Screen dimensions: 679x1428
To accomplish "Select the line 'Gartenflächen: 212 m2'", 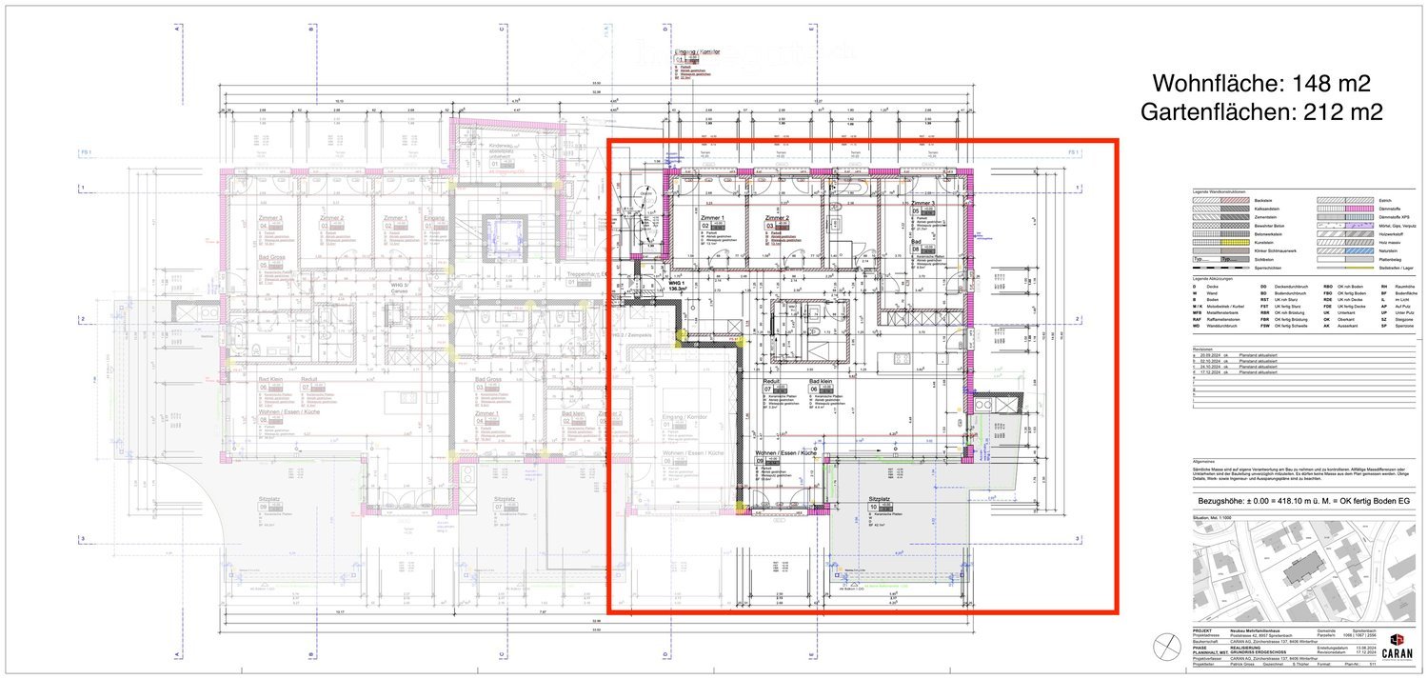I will (x=1262, y=112).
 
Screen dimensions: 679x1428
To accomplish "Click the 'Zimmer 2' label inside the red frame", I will (x=778, y=218).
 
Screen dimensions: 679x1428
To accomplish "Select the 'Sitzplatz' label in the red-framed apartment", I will (x=879, y=499).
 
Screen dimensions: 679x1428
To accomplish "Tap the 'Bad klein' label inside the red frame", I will (x=822, y=380).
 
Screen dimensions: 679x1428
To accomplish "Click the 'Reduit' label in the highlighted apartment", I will (x=772, y=380).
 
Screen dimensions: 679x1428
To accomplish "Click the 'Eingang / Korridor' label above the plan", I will (x=697, y=50).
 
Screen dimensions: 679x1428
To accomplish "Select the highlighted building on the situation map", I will (x=1299, y=572).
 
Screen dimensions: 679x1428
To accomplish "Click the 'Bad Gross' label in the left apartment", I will (x=273, y=257).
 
